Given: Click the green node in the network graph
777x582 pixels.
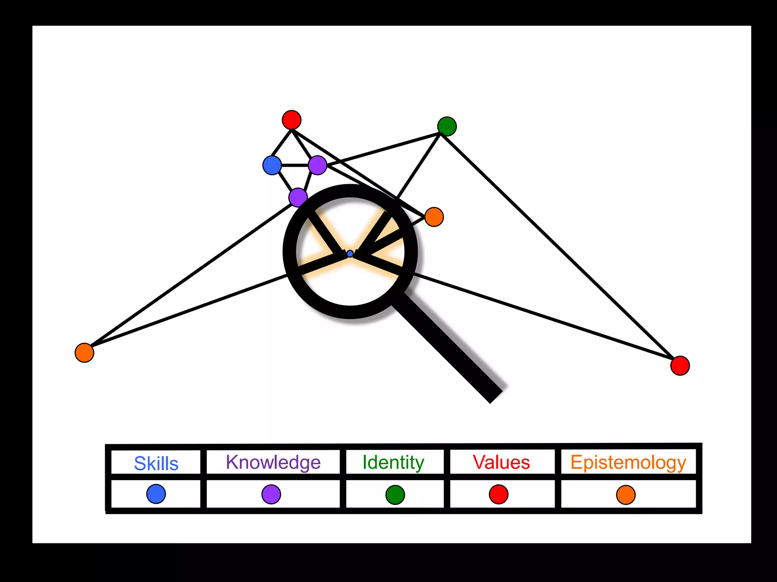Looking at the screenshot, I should tap(447, 126).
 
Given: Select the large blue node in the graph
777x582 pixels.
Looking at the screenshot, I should tap(272, 165).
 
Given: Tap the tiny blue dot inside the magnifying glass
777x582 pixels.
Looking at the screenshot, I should tap(350, 253).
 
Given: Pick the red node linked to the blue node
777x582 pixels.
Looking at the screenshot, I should tap(291, 120).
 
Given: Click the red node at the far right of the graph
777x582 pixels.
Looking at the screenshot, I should tap(680, 366).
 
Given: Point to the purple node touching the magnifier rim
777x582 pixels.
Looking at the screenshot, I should tap(298, 197).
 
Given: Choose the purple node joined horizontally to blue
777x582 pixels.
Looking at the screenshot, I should tap(318, 165).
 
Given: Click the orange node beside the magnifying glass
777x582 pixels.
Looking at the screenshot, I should tap(434, 217).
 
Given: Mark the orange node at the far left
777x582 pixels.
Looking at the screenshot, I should tap(84, 353).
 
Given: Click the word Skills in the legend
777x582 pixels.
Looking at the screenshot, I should tap(156, 463).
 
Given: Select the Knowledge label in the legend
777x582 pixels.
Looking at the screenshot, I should tap(273, 462).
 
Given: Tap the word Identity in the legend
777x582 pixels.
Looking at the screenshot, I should tap(393, 462).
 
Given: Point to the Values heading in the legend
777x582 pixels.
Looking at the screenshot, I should tap(501, 462).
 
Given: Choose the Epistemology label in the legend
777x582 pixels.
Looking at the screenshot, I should tap(628, 463).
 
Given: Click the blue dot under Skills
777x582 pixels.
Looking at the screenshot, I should tap(156, 494).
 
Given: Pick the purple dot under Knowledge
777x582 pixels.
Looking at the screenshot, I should tap(271, 494).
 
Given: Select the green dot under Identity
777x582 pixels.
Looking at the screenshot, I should tap(395, 495).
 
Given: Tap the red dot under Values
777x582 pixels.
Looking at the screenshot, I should tap(499, 494).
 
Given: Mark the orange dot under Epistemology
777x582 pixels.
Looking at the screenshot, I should tap(626, 495).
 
